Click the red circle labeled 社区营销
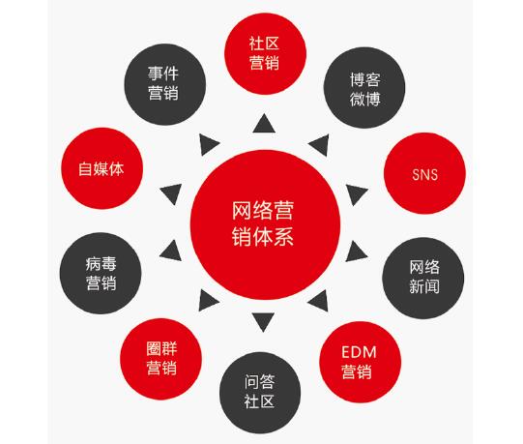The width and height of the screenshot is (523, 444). (x=265, y=54)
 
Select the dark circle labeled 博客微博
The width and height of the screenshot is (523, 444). (x=364, y=88)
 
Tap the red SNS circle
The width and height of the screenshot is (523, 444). (x=424, y=173)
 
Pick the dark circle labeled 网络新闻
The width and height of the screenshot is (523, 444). (x=422, y=278)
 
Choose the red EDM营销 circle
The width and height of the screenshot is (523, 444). (x=361, y=362)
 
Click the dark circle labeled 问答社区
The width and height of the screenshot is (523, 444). (x=260, y=393)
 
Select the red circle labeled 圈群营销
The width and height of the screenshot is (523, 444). (x=161, y=359)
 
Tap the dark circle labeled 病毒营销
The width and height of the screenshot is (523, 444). (x=101, y=273)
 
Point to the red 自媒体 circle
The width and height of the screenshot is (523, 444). (x=102, y=168)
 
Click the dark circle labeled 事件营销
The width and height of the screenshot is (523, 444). (x=165, y=84)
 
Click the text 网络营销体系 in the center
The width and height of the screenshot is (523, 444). (x=263, y=223)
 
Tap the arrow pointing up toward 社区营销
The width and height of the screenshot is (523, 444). (x=264, y=124)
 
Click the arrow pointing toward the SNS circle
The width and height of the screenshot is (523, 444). (x=356, y=194)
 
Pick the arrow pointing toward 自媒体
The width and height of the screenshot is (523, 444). (x=172, y=193)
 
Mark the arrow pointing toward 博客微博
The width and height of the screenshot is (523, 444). (x=320, y=145)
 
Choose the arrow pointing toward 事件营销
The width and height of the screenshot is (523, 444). (x=208, y=144)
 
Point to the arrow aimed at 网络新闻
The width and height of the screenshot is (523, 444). (x=356, y=252)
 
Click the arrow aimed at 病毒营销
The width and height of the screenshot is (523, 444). (x=172, y=252)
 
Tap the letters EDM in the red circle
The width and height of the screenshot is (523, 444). (x=359, y=352)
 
